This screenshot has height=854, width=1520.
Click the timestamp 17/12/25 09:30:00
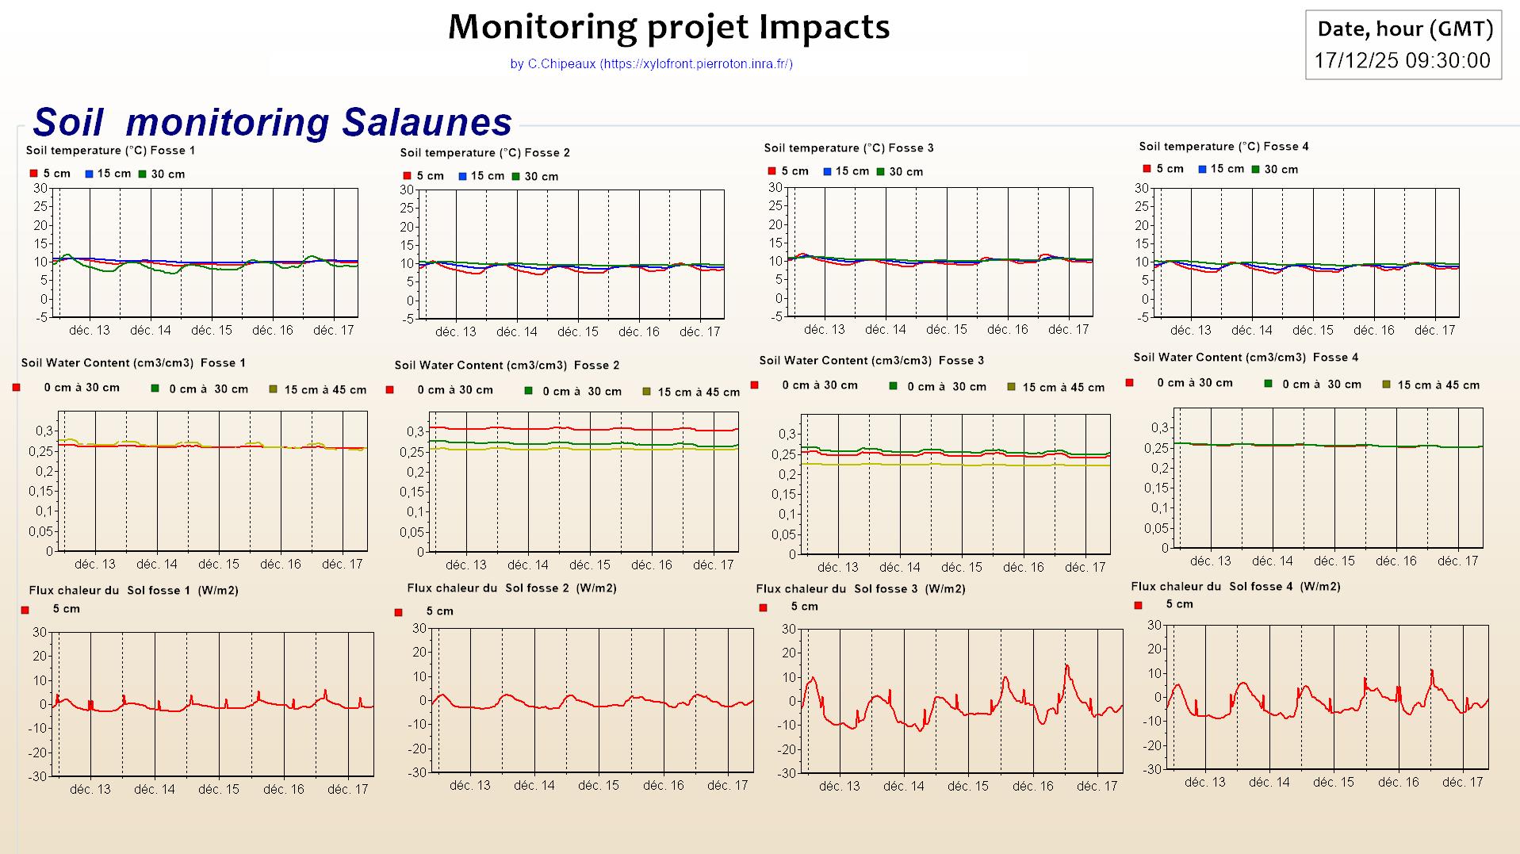coord(1402,61)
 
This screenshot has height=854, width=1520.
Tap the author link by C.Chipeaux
coord(651,64)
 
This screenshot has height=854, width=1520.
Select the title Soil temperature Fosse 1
coord(110,151)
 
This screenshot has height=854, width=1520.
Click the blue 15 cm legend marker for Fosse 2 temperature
coord(462,176)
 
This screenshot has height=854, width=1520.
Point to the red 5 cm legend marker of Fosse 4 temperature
coord(1147,169)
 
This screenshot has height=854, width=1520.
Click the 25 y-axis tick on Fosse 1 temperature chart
coord(40,207)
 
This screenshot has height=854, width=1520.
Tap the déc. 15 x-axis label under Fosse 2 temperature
coord(578,332)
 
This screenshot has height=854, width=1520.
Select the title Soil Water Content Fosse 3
coord(871,361)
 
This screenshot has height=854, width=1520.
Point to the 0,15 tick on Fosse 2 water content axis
coord(412,492)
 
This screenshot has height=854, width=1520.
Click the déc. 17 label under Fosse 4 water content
coord(1458,561)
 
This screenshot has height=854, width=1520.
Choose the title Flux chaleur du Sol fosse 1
coord(133,591)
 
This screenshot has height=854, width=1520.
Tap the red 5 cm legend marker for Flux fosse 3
coord(764,608)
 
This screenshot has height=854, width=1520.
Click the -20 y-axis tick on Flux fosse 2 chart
coord(419,749)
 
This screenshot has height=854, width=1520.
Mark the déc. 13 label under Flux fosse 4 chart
coord(1204,783)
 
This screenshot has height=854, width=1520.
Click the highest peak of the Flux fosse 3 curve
coord(1066,666)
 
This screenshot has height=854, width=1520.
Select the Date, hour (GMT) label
coord(1405,29)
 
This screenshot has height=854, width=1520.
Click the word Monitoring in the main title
coord(542,28)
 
